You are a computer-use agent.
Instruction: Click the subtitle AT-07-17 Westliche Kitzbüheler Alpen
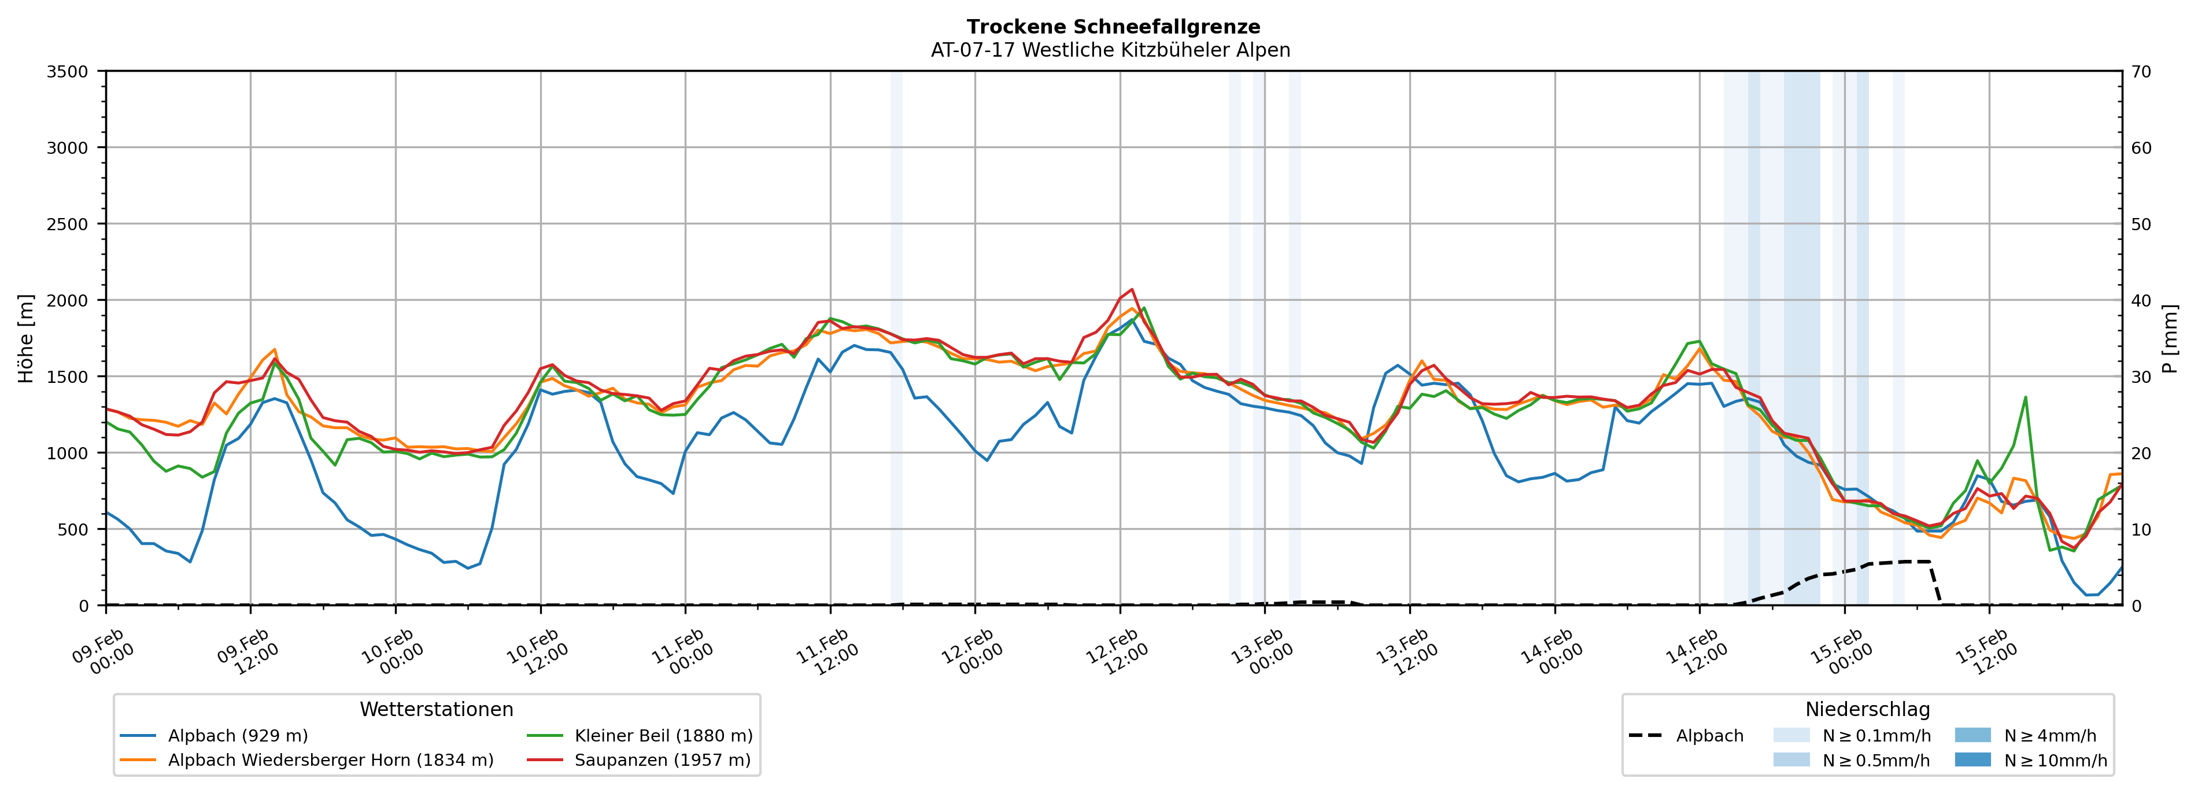coord(1110,50)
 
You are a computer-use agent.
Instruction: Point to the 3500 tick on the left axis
coord(68,72)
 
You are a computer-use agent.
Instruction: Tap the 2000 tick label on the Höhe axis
coord(68,300)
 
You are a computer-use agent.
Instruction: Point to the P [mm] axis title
coord(2170,339)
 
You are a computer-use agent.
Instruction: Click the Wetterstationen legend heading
coord(436,709)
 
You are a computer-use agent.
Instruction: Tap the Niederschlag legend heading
coord(1867,709)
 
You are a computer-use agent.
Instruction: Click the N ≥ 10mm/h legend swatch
coord(1972,759)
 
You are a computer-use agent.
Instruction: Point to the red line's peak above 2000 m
coord(1132,289)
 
